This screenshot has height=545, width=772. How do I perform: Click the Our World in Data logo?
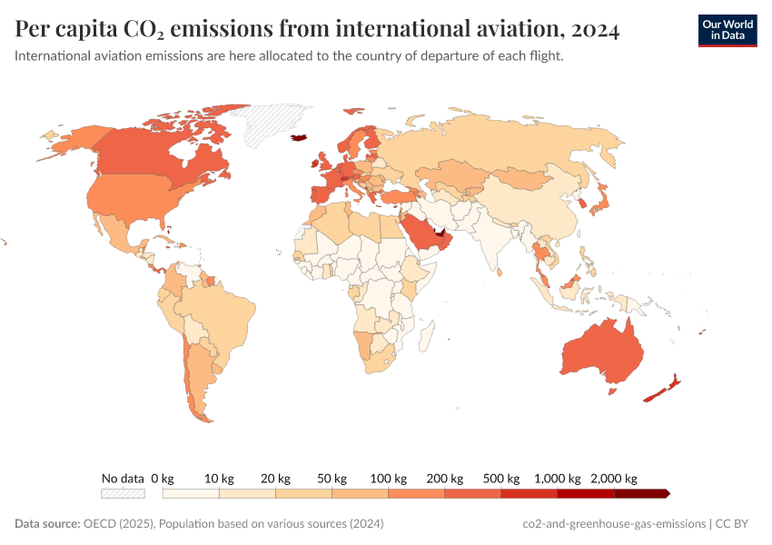(727, 30)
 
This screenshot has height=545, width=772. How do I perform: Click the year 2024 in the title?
(596, 30)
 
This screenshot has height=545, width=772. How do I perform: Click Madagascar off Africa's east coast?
(423, 339)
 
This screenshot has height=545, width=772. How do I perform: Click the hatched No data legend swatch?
(123, 493)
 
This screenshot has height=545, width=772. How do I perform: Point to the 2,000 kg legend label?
(614, 479)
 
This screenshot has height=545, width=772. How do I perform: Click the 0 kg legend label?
(162, 479)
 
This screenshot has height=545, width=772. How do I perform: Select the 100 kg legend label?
(389, 479)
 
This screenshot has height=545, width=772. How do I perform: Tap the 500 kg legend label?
(501, 479)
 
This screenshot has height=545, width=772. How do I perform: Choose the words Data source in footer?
(47, 524)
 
